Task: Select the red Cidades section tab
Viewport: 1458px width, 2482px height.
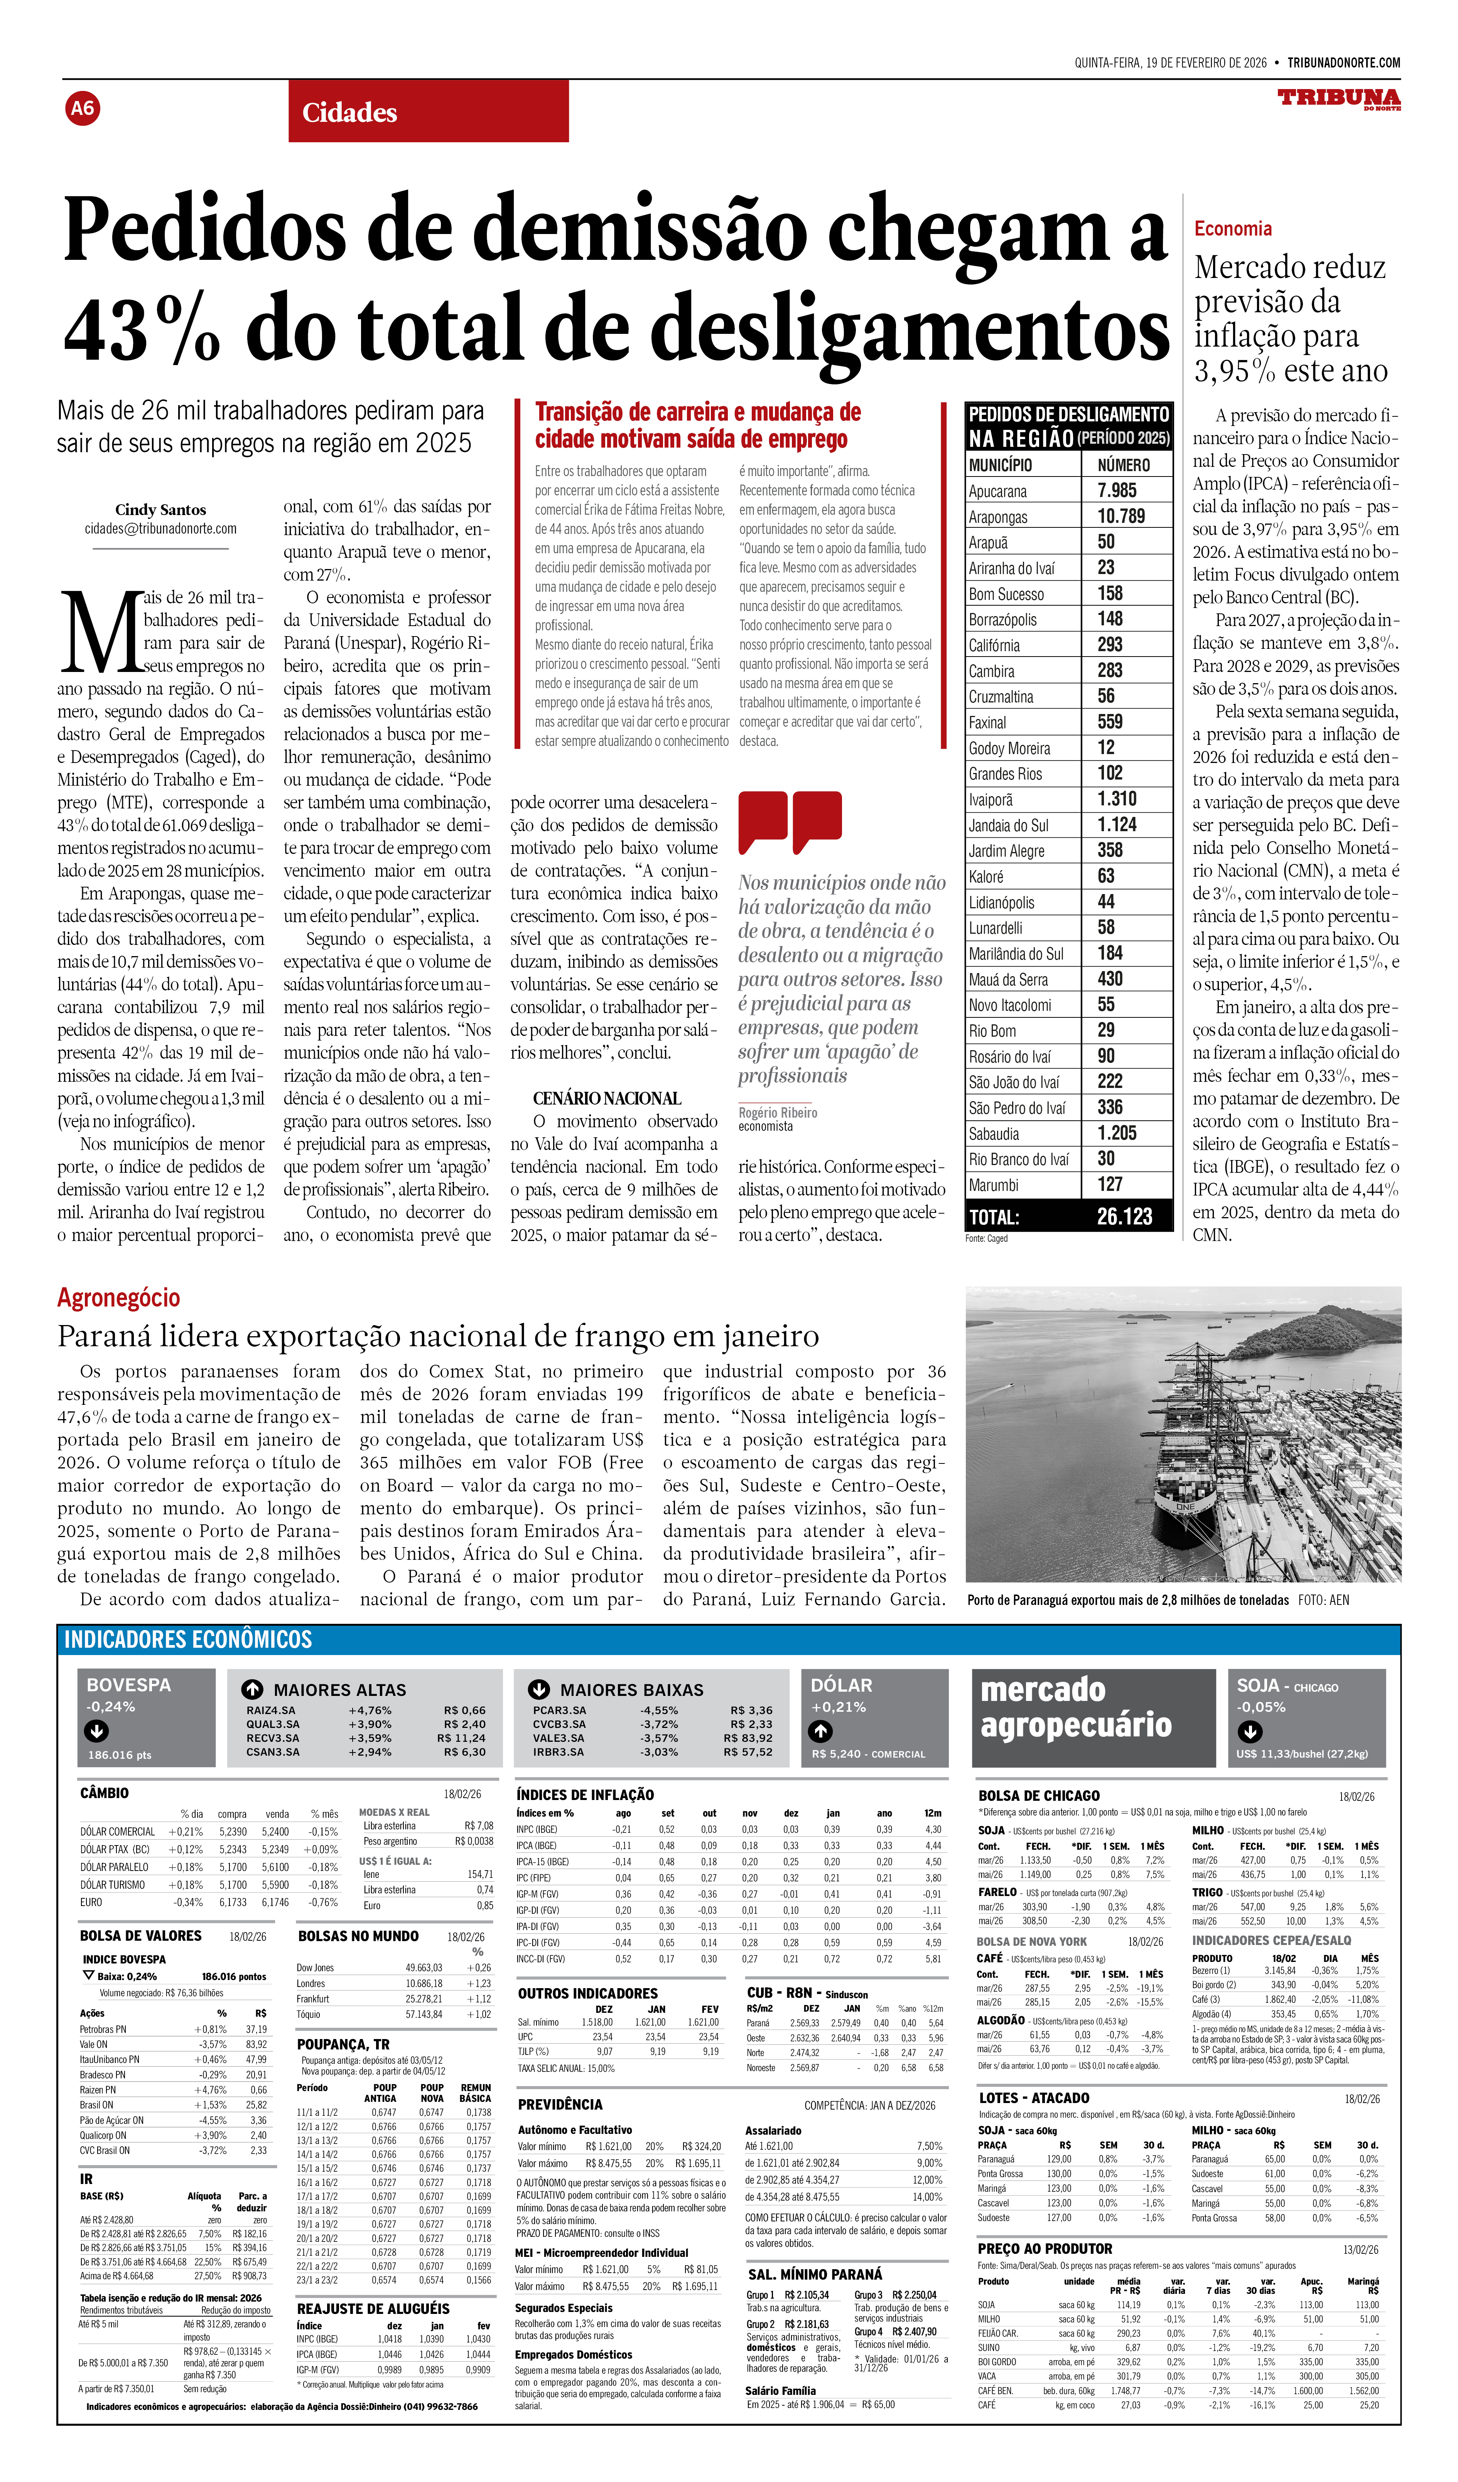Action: [429, 112]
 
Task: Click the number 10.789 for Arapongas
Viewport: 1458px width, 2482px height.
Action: [1121, 516]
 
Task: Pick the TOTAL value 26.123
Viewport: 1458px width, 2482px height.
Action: [1124, 1216]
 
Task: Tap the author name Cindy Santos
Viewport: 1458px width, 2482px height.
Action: [160, 509]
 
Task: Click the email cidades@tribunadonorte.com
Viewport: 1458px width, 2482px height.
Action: [160, 529]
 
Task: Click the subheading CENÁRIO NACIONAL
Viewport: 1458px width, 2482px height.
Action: [607, 1098]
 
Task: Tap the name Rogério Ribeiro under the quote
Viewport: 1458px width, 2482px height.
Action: [777, 1112]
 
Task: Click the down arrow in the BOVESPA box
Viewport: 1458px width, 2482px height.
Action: [96, 1731]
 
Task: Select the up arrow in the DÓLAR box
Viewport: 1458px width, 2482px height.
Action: [821, 1731]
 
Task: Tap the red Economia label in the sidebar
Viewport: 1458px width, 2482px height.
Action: [1232, 229]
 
